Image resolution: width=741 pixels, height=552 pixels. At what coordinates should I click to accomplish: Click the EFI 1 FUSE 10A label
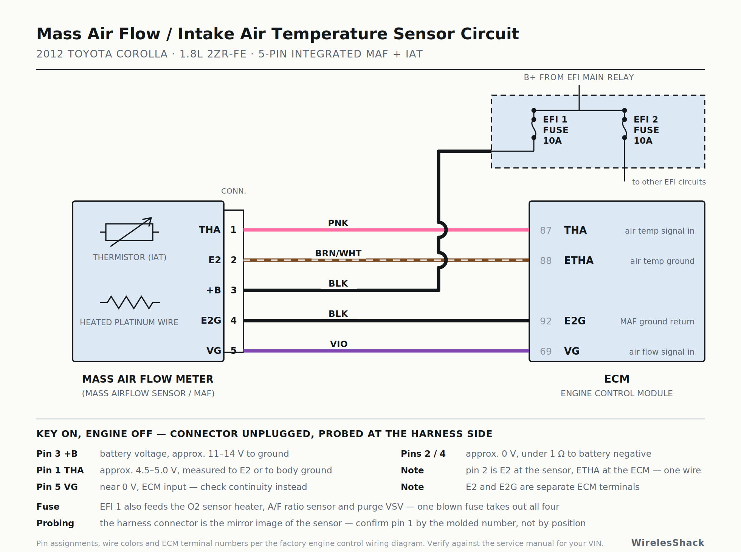point(555,130)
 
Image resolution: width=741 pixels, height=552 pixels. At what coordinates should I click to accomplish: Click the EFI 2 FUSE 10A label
point(646,130)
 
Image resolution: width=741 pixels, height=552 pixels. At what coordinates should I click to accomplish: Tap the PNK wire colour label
point(338,223)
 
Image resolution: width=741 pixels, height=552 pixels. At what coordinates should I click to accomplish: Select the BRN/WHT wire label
point(338,253)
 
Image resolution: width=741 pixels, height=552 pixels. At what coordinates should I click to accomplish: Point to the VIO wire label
point(338,344)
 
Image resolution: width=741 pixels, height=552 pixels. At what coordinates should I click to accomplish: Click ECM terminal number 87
point(546,231)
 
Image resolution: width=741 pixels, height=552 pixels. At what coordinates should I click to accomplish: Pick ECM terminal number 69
point(546,352)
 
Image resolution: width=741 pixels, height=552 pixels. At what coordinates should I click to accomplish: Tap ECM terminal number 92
point(546,321)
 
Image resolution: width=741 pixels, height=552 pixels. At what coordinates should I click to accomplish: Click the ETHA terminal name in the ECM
point(579,260)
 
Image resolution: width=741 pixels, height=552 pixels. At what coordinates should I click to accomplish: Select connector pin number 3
point(234,290)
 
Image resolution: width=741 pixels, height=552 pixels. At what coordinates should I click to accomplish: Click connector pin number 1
point(234,230)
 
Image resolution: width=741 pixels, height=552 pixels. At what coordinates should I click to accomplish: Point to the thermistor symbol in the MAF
point(129,232)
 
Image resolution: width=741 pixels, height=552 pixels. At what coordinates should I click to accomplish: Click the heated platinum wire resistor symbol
point(130,302)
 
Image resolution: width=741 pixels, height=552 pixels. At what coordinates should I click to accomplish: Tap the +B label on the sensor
point(214,290)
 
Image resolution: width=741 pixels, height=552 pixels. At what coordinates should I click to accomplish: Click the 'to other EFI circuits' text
point(669,182)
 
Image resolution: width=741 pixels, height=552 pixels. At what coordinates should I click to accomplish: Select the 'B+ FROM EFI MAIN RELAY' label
point(579,78)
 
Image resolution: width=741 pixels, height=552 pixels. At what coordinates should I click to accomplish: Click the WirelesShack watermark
point(668,543)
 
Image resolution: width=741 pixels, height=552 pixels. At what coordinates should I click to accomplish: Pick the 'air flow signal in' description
point(662,352)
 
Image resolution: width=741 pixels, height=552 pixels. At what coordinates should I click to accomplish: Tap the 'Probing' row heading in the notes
point(55,523)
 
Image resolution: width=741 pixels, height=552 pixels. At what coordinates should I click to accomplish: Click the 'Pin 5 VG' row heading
point(57,487)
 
